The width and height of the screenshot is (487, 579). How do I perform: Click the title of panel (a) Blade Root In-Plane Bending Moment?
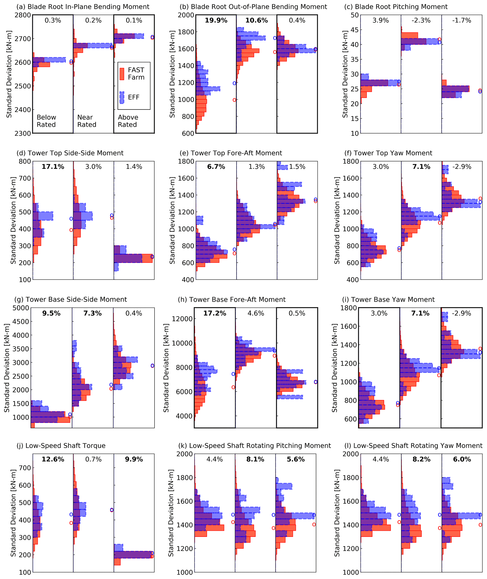click(83, 7)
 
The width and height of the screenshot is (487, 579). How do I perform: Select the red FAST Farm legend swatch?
click(122, 74)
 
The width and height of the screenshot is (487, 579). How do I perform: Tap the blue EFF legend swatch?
click(122, 98)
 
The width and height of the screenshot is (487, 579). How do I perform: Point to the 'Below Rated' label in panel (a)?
click(46, 121)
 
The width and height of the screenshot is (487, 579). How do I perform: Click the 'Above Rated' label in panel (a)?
click(128, 121)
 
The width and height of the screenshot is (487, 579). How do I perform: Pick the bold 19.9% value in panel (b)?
click(216, 20)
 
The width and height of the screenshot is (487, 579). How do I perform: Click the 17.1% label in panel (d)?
click(53, 167)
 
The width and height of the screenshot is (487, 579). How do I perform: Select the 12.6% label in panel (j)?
click(53, 459)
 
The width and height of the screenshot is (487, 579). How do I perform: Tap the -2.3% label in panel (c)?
click(421, 20)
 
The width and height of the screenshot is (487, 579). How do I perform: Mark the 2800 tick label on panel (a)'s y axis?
click(23, 15)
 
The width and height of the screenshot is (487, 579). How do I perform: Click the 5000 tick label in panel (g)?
click(21, 308)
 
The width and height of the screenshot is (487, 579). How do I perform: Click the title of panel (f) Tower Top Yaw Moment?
click(389, 153)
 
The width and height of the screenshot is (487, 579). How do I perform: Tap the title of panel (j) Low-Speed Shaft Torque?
click(61, 446)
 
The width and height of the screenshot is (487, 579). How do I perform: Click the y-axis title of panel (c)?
click(345, 74)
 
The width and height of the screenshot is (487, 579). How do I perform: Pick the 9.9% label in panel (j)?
click(134, 459)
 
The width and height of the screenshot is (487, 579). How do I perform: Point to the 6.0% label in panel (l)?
click(462, 459)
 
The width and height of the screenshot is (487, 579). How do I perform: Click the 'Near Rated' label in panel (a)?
click(87, 121)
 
